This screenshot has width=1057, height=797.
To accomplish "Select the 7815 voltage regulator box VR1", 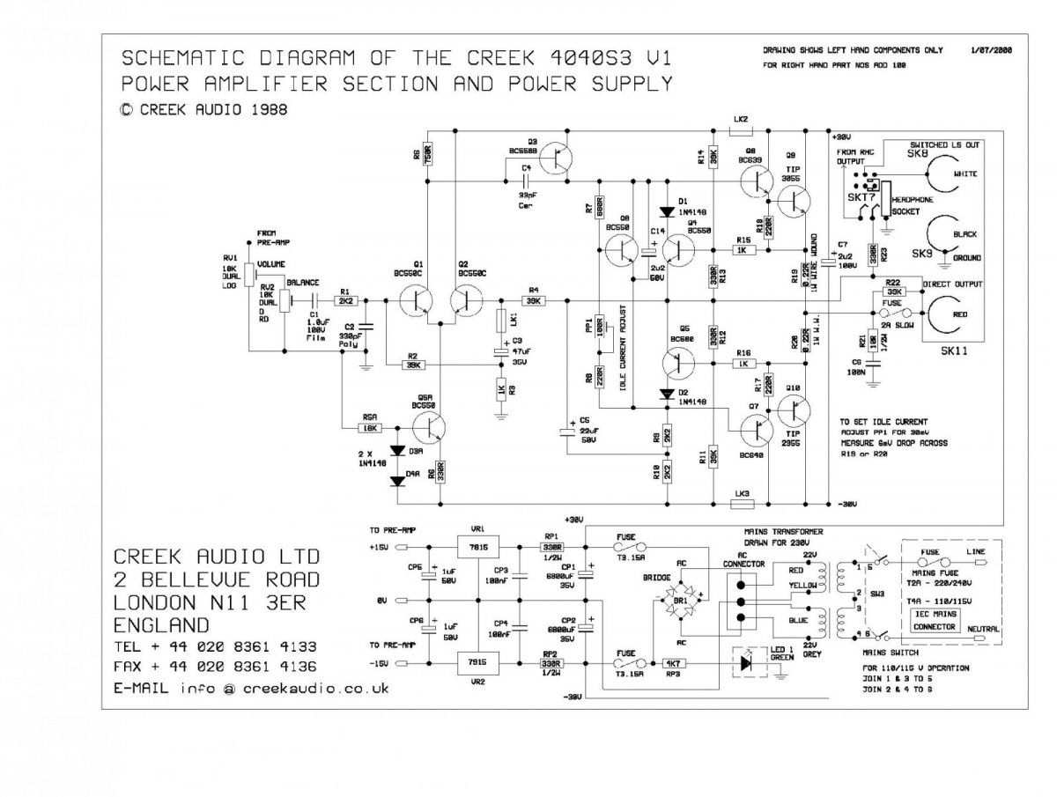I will pos(477,546).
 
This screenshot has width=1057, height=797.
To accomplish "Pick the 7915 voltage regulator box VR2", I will pos(477,661).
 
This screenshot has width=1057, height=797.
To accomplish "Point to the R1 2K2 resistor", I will pos(345,301).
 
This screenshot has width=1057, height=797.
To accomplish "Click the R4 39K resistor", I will pos(533,301).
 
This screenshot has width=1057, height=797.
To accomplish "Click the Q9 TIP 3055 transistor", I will pos(798,201).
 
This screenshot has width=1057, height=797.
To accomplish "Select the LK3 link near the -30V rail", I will pos(741,504).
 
